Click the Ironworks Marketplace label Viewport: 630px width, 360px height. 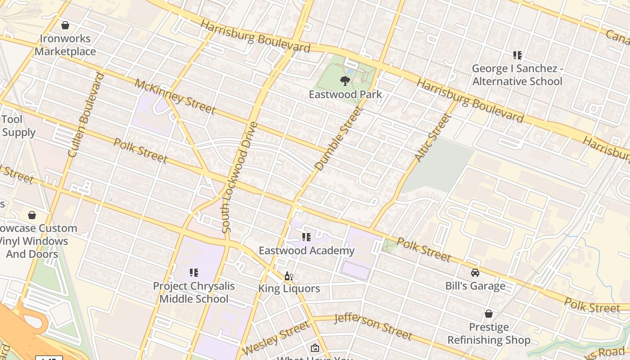[x=65, y=45]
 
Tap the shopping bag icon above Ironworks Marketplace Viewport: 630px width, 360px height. [x=65, y=25]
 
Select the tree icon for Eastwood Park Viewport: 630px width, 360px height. [x=345, y=81]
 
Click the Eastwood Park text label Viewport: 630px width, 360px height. [x=345, y=94]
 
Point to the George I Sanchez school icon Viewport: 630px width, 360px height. [x=517, y=55]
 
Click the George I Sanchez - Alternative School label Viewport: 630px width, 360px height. [x=517, y=75]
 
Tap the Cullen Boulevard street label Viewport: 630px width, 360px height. [x=85, y=115]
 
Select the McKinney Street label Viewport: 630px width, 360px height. [x=175, y=96]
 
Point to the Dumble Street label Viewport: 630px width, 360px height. [x=338, y=139]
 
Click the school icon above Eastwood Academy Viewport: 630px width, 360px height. [x=306, y=237]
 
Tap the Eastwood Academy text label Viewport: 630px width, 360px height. [x=306, y=250]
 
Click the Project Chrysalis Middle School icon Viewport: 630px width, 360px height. [x=194, y=273]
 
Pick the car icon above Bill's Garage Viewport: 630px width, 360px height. [x=475, y=273]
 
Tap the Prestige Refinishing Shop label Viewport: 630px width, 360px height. [x=489, y=333]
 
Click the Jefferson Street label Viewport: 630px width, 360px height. [x=373, y=327]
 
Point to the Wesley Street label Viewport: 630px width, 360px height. [x=275, y=338]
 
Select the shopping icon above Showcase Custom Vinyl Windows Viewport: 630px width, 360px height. [x=32, y=215]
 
